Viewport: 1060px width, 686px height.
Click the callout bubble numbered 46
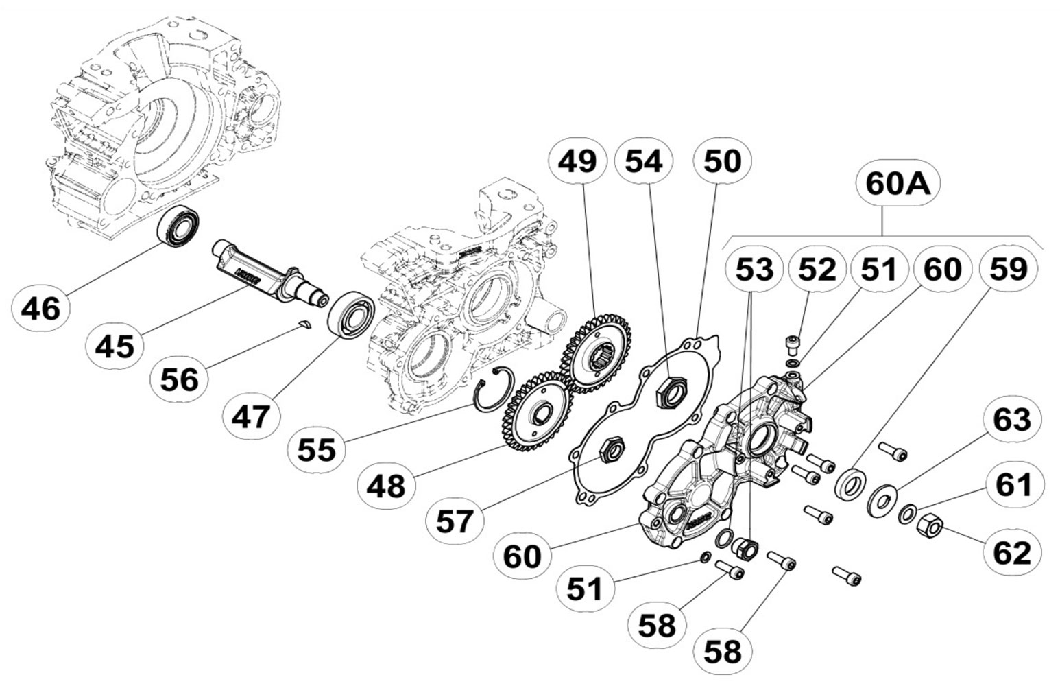click(x=41, y=308)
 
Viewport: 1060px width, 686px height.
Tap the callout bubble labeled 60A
click(x=898, y=183)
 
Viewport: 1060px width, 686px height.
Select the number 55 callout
click(x=317, y=450)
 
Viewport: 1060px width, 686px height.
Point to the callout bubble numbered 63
click(x=1012, y=419)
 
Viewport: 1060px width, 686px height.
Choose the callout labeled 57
click(x=455, y=521)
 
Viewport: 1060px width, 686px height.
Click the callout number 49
click(x=577, y=161)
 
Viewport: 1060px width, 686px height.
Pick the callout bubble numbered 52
click(x=817, y=270)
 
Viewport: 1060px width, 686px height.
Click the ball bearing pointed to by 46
click(x=180, y=225)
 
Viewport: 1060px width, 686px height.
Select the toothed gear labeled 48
click(x=538, y=410)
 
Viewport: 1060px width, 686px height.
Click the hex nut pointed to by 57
click(x=610, y=450)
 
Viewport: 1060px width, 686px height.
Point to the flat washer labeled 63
click(x=881, y=498)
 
